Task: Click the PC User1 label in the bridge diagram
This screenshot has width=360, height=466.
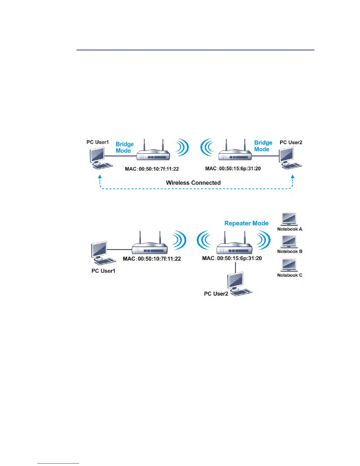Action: pos(97,142)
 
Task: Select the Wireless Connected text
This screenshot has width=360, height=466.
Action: pos(193,183)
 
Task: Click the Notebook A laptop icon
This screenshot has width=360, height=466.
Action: pos(289,219)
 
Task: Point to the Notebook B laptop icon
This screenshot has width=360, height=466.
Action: pos(289,242)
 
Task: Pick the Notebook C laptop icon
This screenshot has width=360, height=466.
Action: pos(289,265)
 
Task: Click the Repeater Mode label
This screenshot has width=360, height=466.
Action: pos(246,223)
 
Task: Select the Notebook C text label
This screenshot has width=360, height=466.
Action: pos(290,275)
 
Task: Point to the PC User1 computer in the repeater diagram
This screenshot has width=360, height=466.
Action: pos(101,253)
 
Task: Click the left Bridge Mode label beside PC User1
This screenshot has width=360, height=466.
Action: pos(124,147)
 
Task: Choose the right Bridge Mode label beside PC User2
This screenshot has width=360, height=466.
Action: pos(263,146)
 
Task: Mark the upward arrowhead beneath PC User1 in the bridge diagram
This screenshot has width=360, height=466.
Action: pos(100,177)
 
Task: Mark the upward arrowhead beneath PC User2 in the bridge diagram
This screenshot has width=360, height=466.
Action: pos(293,177)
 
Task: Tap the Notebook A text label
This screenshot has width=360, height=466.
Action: pos(290,229)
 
